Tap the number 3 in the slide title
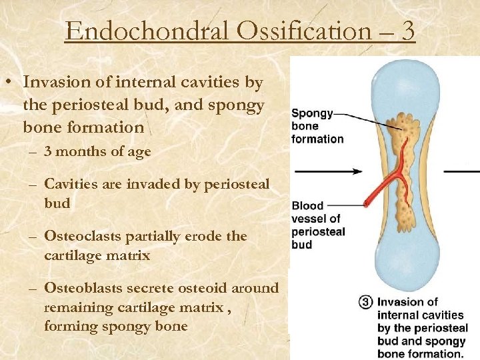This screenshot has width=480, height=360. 408,31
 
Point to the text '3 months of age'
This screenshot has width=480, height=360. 97,152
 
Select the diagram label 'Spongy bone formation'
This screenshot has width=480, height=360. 317,126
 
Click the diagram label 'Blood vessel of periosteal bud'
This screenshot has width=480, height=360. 318,225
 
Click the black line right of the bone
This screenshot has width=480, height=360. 461,171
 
